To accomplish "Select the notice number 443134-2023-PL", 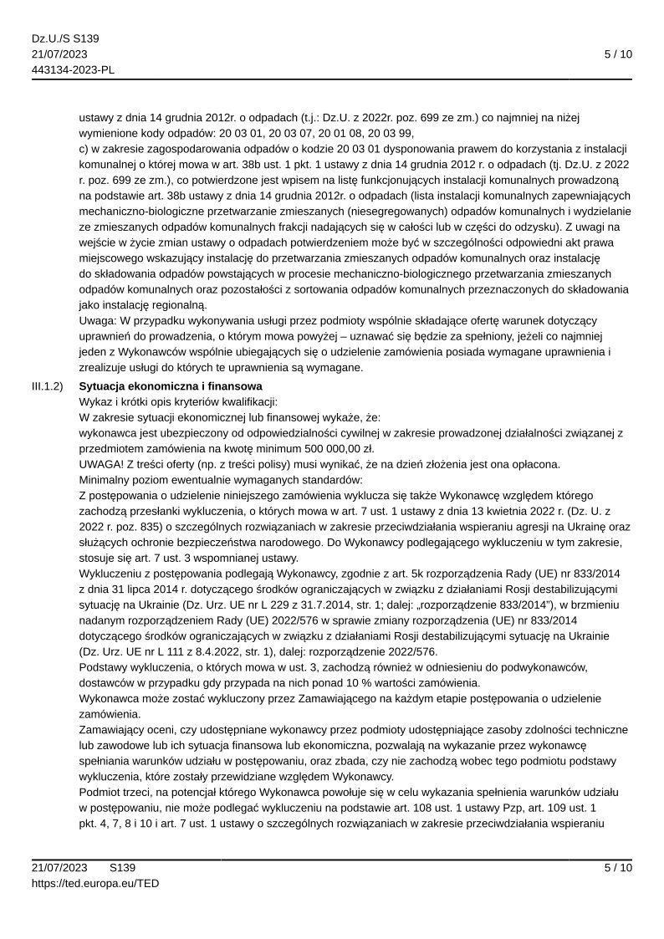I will (73, 69).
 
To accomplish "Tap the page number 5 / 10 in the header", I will (618, 54).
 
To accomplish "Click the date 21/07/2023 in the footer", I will (59, 868).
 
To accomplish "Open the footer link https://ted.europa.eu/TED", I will (95, 883).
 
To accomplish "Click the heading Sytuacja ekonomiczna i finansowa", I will (170, 386).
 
